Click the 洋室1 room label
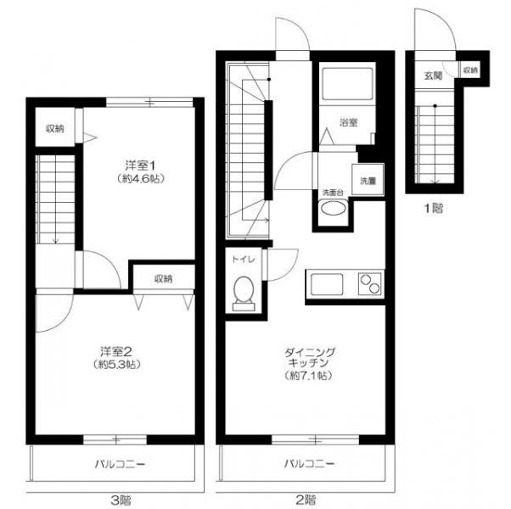coord(140,165)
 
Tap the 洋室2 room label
coord(115,351)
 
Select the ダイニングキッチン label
coord(309,357)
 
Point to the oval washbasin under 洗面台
coord(333,208)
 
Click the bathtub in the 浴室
coord(347,84)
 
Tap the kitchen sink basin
coord(327,284)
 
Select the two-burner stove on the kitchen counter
coord(370,284)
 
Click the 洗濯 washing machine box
coord(368,180)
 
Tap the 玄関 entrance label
coord(433,76)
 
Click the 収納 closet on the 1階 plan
coord(470,70)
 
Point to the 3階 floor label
coord(121,499)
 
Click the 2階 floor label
coord(306,499)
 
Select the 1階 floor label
coord(433,208)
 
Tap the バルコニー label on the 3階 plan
coord(120,464)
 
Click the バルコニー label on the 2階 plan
coord(309,463)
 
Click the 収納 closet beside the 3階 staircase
coord(54,127)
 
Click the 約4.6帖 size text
coord(141,178)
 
